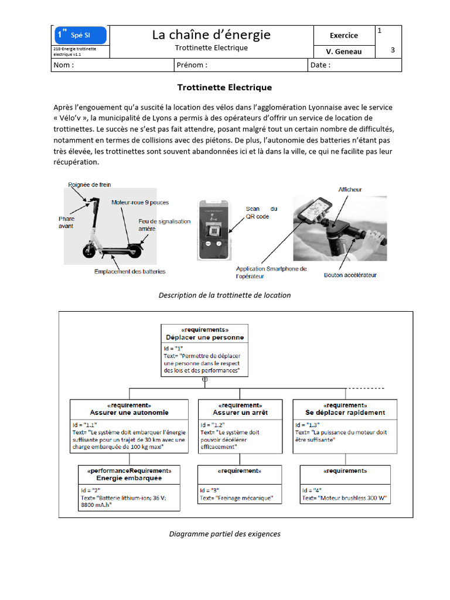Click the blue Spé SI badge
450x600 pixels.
[x=80, y=36]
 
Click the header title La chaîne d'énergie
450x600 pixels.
[x=211, y=35]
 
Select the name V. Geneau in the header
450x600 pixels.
[x=344, y=52]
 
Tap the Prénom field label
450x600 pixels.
[x=192, y=65]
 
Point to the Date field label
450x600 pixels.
[x=321, y=65]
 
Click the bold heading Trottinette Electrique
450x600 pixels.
[x=224, y=87]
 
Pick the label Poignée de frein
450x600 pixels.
[x=90, y=185]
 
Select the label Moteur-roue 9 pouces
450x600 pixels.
[x=140, y=203]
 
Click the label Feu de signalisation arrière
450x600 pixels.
[x=156, y=225]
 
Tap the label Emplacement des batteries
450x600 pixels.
[x=130, y=271]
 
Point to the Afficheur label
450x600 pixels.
[x=350, y=189]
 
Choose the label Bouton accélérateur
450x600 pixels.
[x=350, y=275]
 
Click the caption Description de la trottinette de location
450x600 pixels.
[x=224, y=295]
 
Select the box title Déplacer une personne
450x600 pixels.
[x=204, y=337]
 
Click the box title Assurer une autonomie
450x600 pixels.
[x=129, y=412]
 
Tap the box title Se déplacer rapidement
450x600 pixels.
[x=345, y=412]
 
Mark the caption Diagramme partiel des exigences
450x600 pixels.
[x=224, y=534]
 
